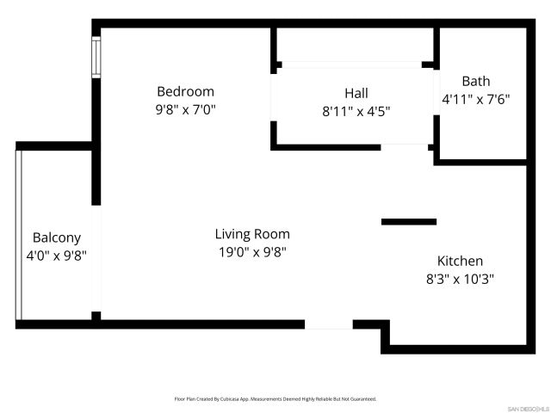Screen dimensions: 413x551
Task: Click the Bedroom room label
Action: [x=185, y=91]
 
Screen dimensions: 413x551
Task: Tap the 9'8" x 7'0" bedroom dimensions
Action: [x=185, y=109]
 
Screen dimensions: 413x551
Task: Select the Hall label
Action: [x=356, y=93]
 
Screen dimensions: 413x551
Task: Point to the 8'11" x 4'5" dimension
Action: [x=356, y=111]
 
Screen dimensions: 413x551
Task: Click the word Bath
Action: [x=475, y=81]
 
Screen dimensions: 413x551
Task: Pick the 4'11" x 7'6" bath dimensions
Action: [x=475, y=99]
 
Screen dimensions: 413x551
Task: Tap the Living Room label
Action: [x=252, y=234]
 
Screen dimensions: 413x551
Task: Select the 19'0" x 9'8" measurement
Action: [x=252, y=252]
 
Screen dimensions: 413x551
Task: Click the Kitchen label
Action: [x=460, y=261]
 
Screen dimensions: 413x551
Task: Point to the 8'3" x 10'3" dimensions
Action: [x=460, y=279]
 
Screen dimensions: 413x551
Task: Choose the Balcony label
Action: [x=57, y=237]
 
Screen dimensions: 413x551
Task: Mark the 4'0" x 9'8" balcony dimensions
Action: [x=57, y=256]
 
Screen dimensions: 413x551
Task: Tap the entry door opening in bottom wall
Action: [x=329, y=324]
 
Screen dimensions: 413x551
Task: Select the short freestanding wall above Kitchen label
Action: [x=408, y=222]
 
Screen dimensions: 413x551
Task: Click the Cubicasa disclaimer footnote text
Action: [x=275, y=399]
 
